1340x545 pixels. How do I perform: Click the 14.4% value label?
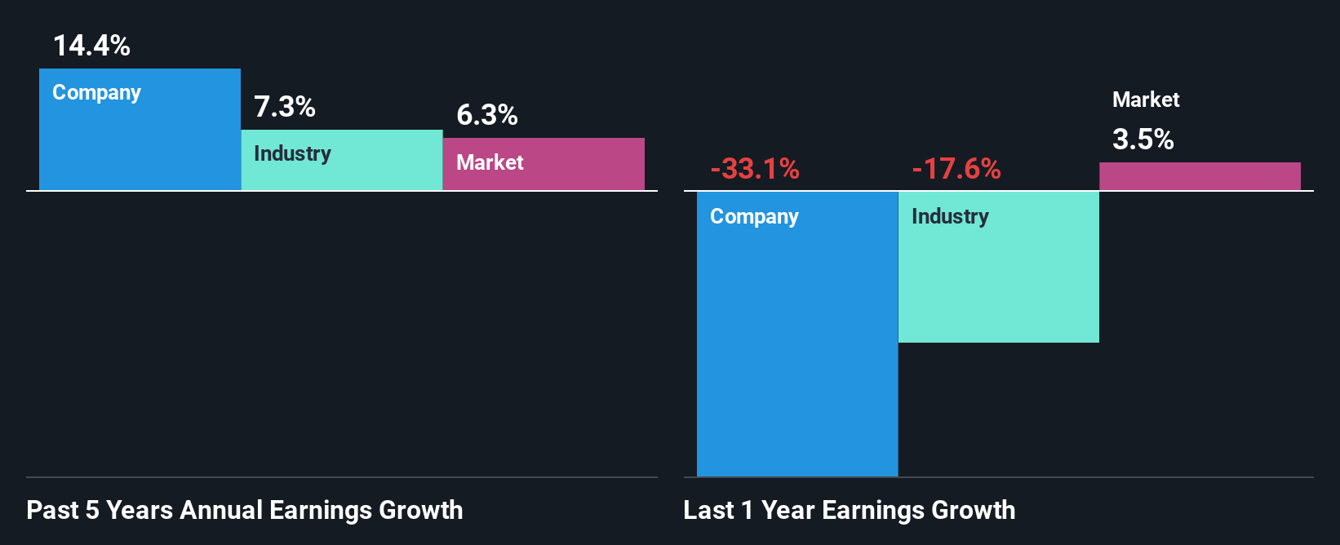tap(91, 46)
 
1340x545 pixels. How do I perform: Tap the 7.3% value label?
tap(284, 107)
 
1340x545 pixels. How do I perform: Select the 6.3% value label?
tap(486, 115)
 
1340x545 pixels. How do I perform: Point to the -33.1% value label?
tap(754, 169)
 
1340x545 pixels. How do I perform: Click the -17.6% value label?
tap(956, 169)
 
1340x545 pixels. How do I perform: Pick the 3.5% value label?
tap(1143, 140)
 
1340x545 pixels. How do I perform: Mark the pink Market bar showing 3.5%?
tap(1199, 176)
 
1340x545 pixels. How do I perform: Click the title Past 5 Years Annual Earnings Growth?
tap(244, 510)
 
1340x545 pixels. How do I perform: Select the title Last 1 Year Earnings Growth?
tap(849, 510)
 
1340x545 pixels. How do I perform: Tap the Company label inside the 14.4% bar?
tap(96, 93)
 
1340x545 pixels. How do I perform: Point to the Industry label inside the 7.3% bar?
tap(292, 153)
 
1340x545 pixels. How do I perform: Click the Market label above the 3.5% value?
tap(1145, 100)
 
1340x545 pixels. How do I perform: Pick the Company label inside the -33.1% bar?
tap(754, 216)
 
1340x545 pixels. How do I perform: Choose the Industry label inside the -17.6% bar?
tap(950, 216)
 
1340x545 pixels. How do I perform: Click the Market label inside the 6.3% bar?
tap(490, 162)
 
